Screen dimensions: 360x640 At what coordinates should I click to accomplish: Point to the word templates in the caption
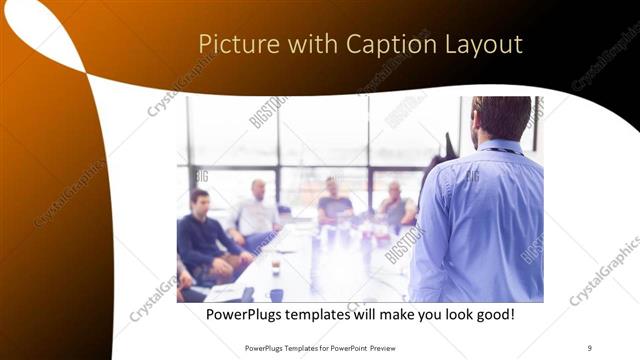click(x=333, y=315)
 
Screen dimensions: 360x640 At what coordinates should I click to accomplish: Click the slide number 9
click(x=589, y=348)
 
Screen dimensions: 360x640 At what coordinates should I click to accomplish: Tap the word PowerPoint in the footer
click(x=346, y=348)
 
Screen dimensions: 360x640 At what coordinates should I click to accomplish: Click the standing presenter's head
click(x=500, y=118)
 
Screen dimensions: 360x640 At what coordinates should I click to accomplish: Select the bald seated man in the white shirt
click(x=257, y=210)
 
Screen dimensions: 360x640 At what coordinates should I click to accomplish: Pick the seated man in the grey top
click(x=397, y=205)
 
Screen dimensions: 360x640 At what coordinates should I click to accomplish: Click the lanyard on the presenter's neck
click(x=506, y=151)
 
